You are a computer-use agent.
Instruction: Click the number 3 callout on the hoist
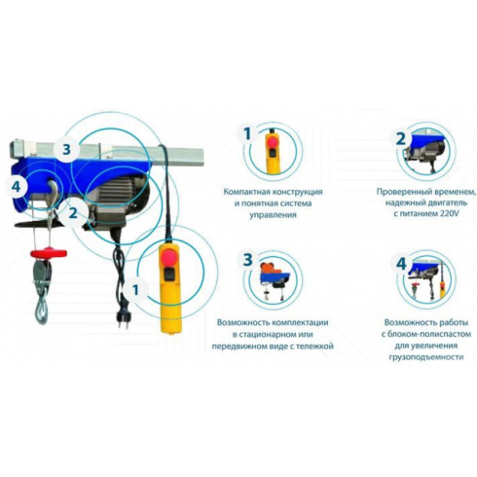tap(66, 150)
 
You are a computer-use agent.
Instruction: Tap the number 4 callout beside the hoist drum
tap(17, 187)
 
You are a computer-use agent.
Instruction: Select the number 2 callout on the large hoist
tap(73, 213)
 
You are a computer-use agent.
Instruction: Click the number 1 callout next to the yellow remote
tap(135, 290)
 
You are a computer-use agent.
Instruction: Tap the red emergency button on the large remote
tap(168, 258)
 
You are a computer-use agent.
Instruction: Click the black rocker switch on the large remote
tap(168, 275)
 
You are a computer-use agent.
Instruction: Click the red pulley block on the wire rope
tap(49, 253)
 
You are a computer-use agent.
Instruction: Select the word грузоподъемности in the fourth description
tap(426, 357)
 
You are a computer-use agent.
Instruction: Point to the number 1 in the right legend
tap(247, 134)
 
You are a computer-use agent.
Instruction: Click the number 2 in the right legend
tap(401, 138)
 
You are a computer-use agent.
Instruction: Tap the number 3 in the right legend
tap(247, 260)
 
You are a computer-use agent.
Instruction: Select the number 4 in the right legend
tap(401, 264)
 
